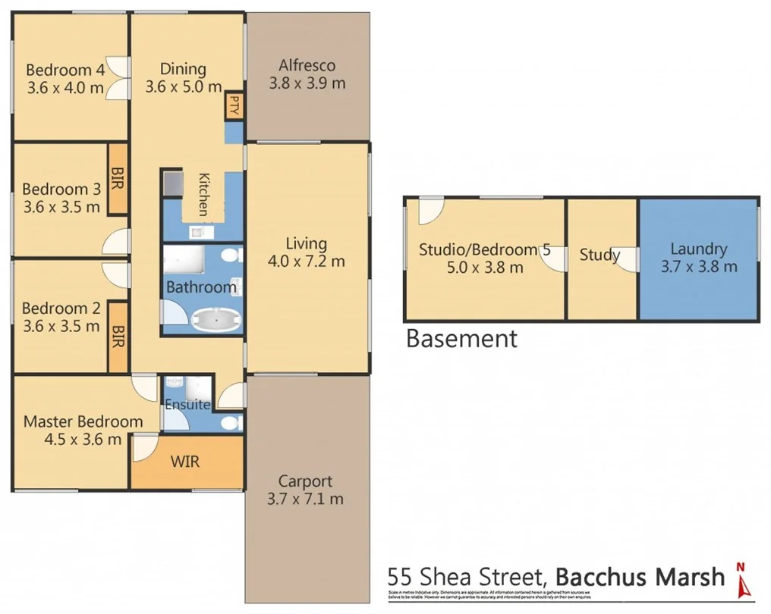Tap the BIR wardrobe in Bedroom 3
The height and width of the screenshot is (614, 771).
pyautogui.click(x=118, y=179)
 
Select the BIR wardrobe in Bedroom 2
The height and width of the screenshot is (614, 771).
pyautogui.click(x=118, y=336)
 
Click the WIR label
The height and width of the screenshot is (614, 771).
pyautogui.click(x=184, y=461)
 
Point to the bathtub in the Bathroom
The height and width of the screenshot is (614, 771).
pyautogui.click(x=216, y=321)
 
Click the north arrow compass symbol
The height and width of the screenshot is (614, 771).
pyautogui.click(x=742, y=579)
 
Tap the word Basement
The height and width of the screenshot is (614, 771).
pyautogui.click(x=461, y=338)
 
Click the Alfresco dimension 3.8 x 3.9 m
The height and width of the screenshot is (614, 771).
pyautogui.click(x=307, y=83)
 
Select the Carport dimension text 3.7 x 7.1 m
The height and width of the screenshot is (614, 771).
pyautogui.click(x=305, y=499)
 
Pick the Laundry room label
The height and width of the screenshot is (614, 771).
pyautogui.click(x=698, y=249)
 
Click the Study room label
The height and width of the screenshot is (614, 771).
pyautogui.click(x=599, y=255)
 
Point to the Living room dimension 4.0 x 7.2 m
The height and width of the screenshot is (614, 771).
pyautogui.click(x=307, y=262)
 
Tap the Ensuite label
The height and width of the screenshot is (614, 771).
pyautogui.click(x=187, y=405)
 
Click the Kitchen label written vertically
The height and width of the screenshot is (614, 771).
pyautogui.click(x=203, y=194)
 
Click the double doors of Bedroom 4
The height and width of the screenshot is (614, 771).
pyautogui.click(x=115, y=78)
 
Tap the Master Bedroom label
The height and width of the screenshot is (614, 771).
pyautogui.click(x=83, y=421)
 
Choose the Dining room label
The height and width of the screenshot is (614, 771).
pyautogui.click(x=183, y=69)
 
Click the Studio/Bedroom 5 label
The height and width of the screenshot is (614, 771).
pyautogui.click(x=484, y=249)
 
